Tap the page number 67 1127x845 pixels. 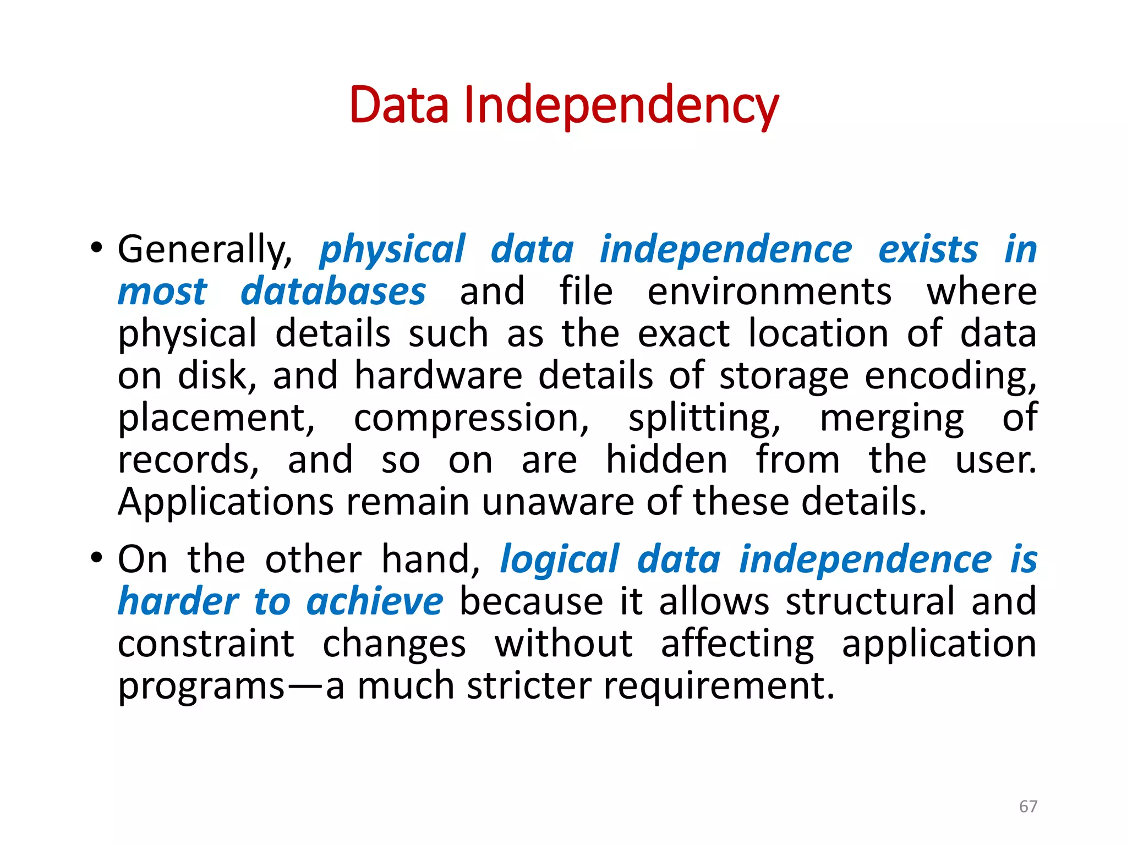(x=1028, y=806)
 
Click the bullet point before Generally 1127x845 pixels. (x=97, y=249)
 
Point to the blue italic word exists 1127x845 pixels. (x=928, y=250)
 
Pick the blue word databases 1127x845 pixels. (x=333, y=292)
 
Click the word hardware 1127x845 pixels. (x=438, y=376)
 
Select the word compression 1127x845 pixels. (x=471, y=418)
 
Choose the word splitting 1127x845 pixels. (x=704, y=418)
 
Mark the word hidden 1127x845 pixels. (x=666, y=460)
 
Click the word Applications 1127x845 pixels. (x=226, y=502)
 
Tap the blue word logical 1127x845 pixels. (x=560, y=560)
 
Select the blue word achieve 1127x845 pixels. (x=375, y=601)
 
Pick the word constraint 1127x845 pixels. (x=206, y=644)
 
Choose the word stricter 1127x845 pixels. (x=529, y=686)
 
